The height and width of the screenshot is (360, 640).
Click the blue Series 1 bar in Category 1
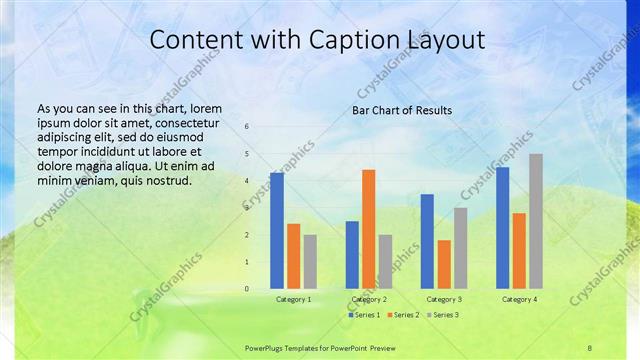tap(276, 231)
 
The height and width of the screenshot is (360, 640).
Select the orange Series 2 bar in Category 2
tap(368, 229)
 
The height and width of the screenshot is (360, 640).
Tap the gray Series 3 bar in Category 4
tap(536, 221)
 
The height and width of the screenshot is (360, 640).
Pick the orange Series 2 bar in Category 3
tap(444, 264)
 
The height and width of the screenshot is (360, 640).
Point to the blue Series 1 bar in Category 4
tap(502, 228)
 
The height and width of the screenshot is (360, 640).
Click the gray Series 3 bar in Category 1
tap(310, 262)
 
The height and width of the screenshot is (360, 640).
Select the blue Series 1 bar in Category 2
tap(352, 255)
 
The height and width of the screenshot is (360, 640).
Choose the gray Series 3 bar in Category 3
tap(460, 248)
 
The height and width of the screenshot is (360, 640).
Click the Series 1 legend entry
tap(364, 315)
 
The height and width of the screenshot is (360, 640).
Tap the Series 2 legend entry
tap(403, 315)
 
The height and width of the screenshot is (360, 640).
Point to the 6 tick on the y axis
tap(247, 126)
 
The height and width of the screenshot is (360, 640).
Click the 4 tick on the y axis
tap(247, 181)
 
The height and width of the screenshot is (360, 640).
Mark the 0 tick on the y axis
tap(247, 289)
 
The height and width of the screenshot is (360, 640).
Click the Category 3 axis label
tap(444, 299)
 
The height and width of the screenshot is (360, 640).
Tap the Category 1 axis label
tap(293, 299)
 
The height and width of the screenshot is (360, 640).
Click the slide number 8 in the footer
tap(589, 347)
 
